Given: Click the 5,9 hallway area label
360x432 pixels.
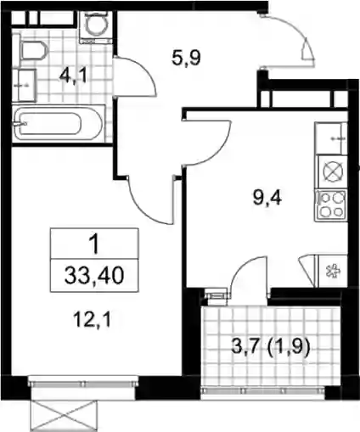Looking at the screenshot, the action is [x=186, y=59].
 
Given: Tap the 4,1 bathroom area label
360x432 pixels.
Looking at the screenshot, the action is [x=72, y=76].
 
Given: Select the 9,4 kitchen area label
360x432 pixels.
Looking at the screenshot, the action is [x=267, y=198].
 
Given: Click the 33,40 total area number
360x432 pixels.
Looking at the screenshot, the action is [x=94, y=276].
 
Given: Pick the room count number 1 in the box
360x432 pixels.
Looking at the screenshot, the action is [x=93, y=244].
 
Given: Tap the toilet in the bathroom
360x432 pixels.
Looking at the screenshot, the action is [x=33, y=50].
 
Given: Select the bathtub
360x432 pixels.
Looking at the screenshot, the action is [x=59, y=124].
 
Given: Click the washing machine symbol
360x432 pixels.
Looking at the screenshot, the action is [x=96, y=27].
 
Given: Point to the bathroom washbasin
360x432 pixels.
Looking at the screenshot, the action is [x=27, y=85].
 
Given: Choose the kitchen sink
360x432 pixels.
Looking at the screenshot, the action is [x=331, y=138].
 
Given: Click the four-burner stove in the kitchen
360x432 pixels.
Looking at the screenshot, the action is [x=331, y=205].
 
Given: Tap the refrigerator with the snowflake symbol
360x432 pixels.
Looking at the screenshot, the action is [x=330, y=271].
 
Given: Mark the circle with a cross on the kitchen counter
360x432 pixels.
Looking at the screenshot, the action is [x=333, y=171].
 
